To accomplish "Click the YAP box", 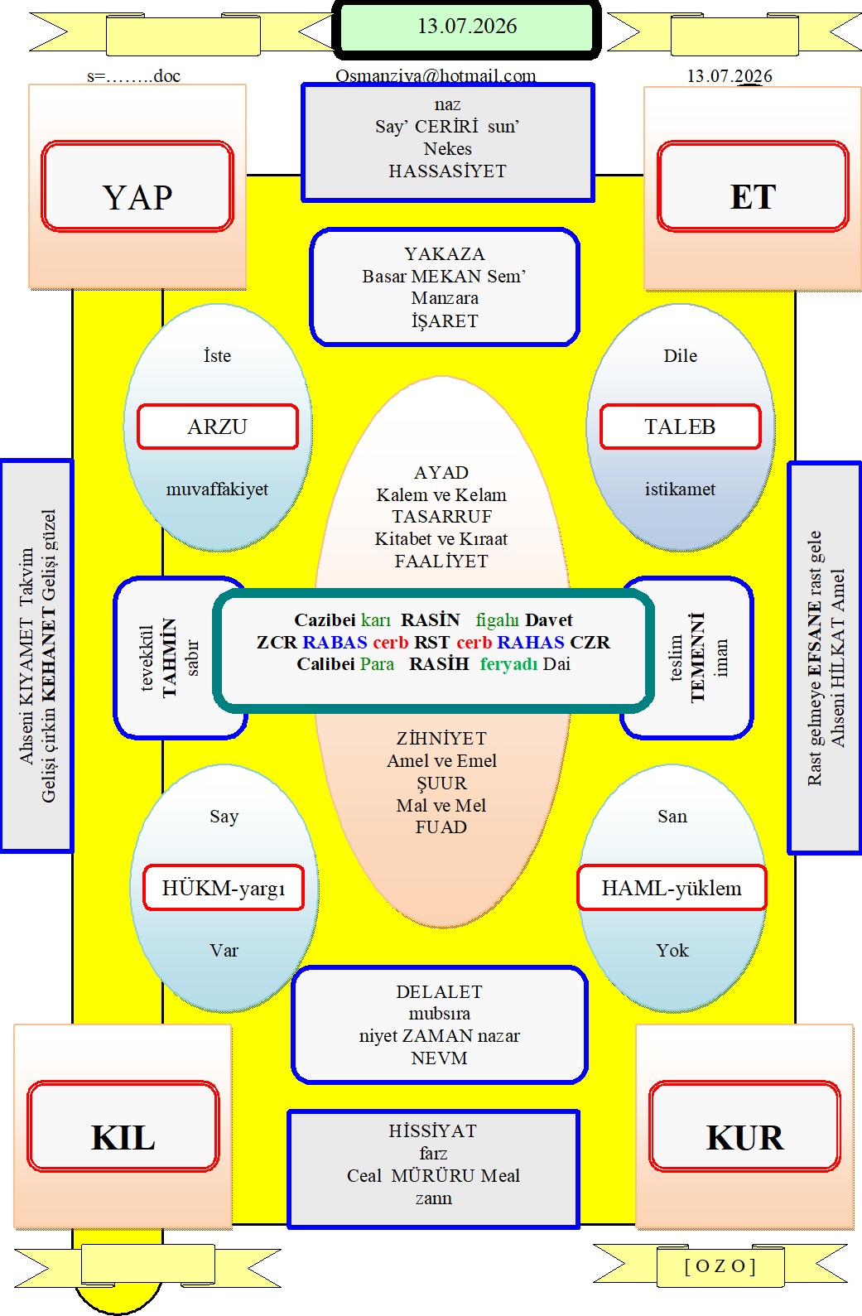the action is click(137, 186).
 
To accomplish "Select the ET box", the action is click(753, 186).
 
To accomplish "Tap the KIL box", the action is click(123, 1126).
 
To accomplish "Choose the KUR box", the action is click(745, 1126).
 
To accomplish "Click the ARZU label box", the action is click(218, 427).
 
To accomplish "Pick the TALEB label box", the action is click(681, 427).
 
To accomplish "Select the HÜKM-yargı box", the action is click(224, 888).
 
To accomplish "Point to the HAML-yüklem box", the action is click(672, 888).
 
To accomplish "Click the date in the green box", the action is click(467, 27).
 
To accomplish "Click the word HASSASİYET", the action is click(447, 171).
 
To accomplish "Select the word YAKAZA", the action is click(445, 253).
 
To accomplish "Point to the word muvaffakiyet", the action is click(218, 489).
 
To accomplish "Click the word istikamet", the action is click(681, 489).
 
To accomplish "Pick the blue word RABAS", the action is click(335, 642).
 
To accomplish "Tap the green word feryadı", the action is click(509, 664).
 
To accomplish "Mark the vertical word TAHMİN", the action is click(169, 658).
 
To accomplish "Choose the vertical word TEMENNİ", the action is click(697, 658).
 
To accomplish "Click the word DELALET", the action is click(439, 991).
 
